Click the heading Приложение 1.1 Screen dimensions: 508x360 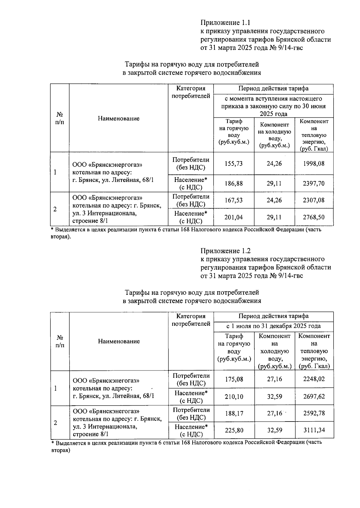(x=225, y=23)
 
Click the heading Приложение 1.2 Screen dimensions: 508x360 (x=225, y=251)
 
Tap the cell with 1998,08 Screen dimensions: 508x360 (x=313, y=164)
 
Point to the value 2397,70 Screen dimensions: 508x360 (x=313, y=183)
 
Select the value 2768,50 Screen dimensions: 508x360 (x=313, y=217)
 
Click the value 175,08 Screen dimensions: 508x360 (x=234, y=379)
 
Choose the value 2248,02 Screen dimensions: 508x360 (x=314, y=379)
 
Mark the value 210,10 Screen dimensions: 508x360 (x=234, y=397)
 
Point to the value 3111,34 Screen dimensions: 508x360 (x=314, y=430)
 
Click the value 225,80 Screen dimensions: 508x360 (x=234, y=430)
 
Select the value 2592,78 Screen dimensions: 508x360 (x=314, y=413)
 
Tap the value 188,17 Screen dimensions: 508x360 (x=234, y=413)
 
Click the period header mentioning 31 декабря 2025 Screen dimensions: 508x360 (x=273, y=326)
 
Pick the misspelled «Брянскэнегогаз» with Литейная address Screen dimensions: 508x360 (x=106, y=381)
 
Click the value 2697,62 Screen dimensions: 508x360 (x=314, y=397)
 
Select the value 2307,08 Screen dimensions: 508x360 (x=313, y=200)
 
